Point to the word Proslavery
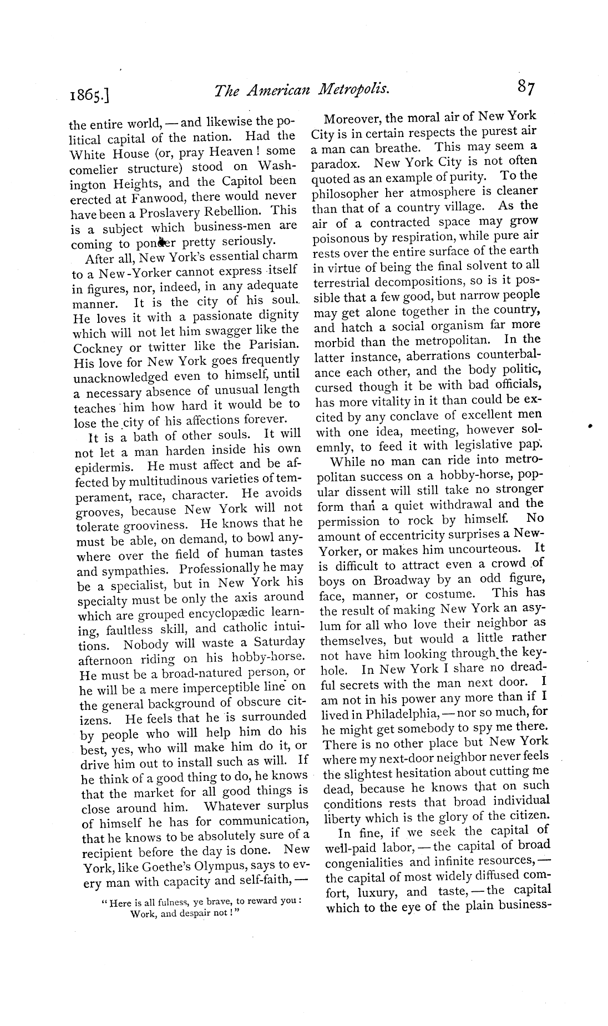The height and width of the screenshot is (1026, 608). [x=181, y=212]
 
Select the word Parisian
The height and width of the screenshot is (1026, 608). [x=272, y=344]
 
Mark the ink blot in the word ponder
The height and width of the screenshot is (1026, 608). [x=163, y=242]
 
